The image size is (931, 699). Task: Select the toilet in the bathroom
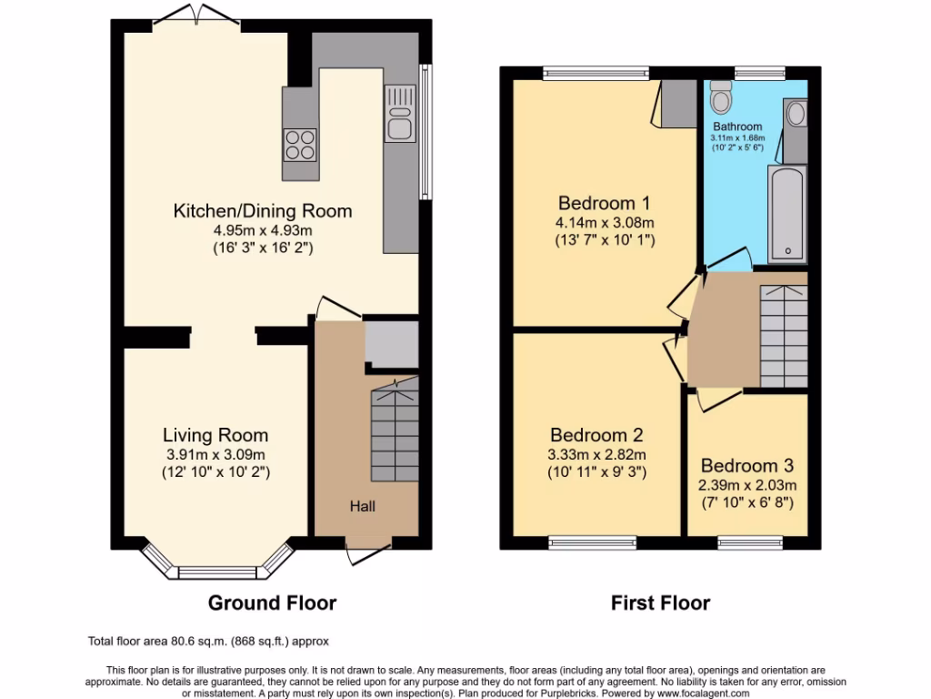coord(721,95)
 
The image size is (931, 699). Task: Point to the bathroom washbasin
coord(795,114)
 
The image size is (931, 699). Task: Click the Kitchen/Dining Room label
coord(263,211)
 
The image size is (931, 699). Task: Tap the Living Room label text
coord(215,435)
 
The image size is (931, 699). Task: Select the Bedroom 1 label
coord(605,202)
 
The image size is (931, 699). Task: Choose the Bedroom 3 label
coord(747,465)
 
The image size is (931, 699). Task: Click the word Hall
coord(363,506)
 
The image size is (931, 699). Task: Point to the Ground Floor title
coord(272,603)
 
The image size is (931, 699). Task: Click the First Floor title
coord(660,603)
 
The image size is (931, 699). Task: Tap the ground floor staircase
coord(395,430)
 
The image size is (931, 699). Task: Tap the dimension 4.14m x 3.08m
coord(605,222)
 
